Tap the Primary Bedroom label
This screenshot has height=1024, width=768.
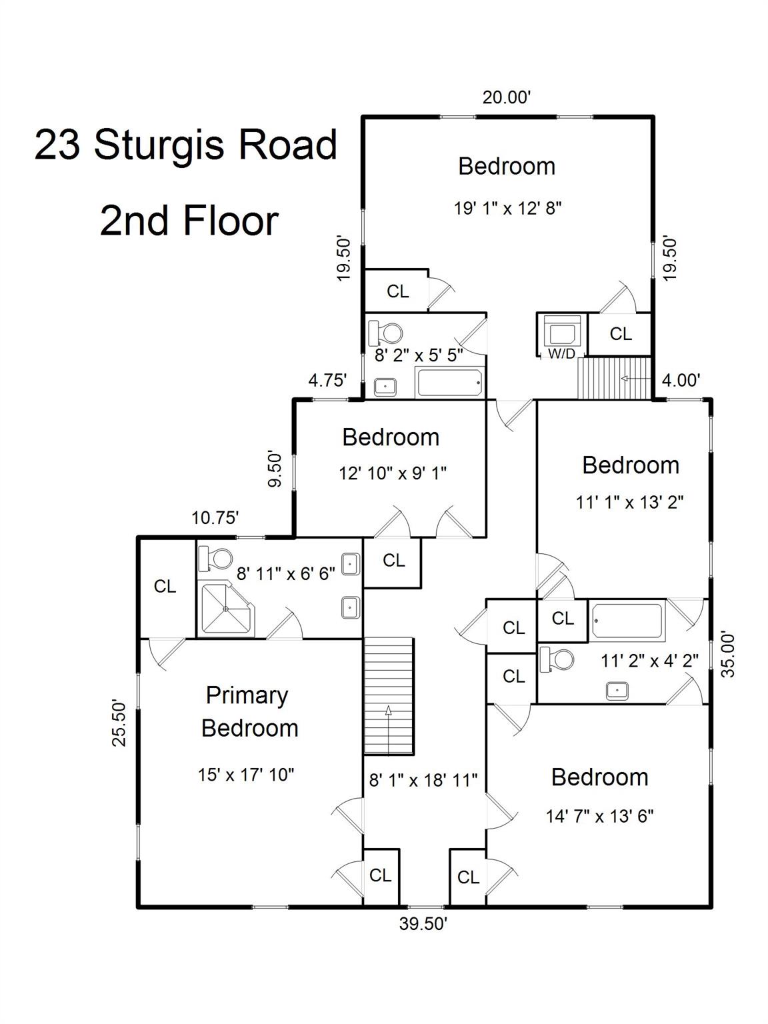pos(249,711)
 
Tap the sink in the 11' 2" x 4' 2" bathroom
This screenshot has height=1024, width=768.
pos(617,691)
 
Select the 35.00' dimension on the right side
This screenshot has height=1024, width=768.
pos(729,655)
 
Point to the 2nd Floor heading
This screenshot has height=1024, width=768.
pos(189,221)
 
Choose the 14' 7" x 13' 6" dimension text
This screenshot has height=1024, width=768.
pos(599,817)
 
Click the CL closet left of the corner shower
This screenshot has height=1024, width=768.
pos(165,587)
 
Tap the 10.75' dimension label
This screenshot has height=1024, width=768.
pos(215,517)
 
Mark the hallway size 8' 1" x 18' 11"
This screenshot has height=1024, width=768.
pos(423,780)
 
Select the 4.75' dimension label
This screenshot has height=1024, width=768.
pos(327,381)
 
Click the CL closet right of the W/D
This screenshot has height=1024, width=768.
pos(620,334)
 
